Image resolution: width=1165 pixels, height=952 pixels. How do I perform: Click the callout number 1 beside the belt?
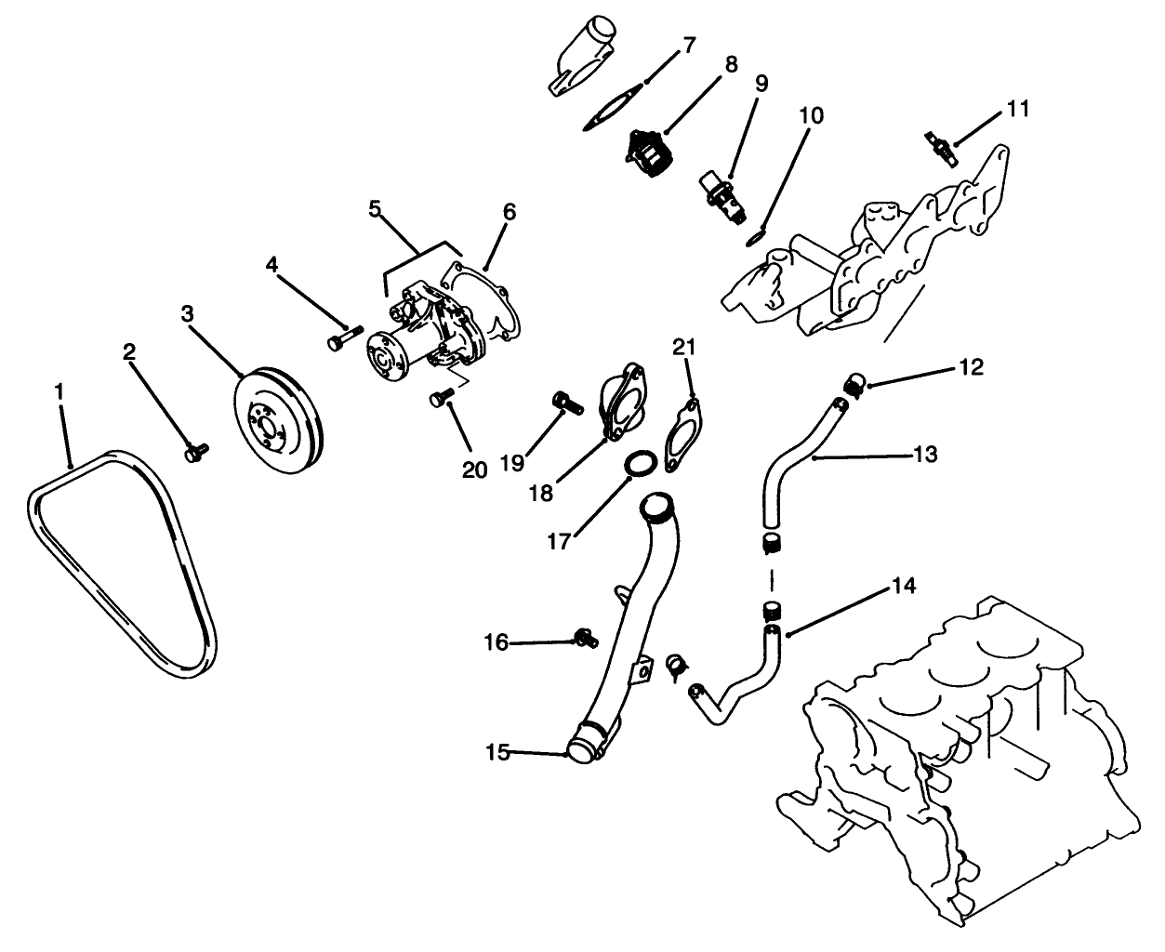[x=59, y=391]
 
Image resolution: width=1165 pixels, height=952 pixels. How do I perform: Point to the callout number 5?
[x=375, y=209]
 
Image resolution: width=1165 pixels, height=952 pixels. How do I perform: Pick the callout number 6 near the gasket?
[x=509, y=212]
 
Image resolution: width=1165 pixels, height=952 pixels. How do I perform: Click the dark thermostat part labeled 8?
[x=649, y=153]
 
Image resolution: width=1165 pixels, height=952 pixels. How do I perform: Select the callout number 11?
[x=1018, y=110]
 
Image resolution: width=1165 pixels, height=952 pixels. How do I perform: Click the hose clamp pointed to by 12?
[x=855, y=381]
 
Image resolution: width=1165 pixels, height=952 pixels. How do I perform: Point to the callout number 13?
[x=925, y=455]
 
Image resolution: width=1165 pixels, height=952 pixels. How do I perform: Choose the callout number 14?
[x=903, y=586]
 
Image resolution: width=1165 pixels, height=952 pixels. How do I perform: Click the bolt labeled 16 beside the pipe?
[x=584, y=638]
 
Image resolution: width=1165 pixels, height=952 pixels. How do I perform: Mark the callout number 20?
[x=474, y=470]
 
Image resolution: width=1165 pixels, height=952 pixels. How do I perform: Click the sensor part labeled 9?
[x=722, y=190]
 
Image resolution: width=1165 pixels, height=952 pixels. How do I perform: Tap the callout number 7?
[x=689, y=46]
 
